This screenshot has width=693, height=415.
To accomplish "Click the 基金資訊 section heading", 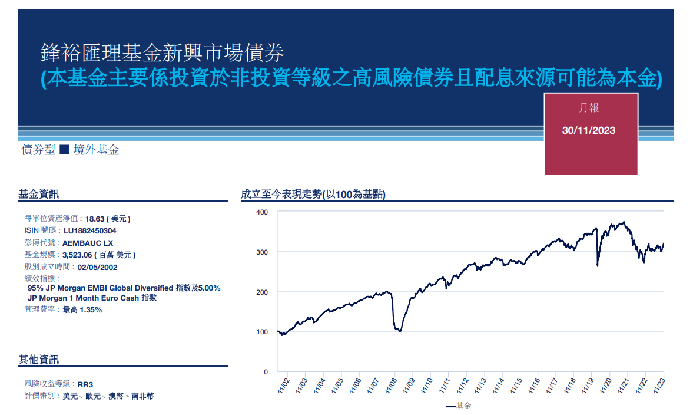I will click(x=39, y=194).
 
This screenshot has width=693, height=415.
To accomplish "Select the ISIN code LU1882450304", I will click(x=90, y=230).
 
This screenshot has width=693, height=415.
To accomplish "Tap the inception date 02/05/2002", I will click(x=98, y=267).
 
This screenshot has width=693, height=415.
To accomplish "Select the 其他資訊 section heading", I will click(x=39, y=360).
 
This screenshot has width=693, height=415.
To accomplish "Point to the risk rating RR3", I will click(x=85, y=384).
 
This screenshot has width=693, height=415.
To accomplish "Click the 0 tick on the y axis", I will click(x=266, y=372).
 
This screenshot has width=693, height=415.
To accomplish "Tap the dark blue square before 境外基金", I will click(x=65, y=150).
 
